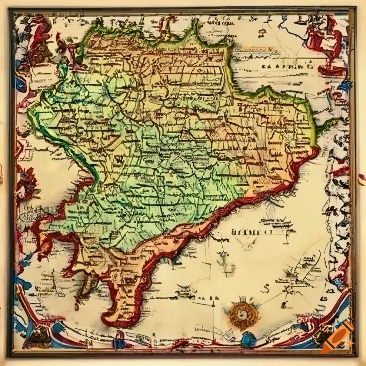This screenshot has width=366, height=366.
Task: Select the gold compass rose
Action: click(244, 315)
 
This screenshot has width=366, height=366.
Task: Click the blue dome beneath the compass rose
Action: click(248, 339)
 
